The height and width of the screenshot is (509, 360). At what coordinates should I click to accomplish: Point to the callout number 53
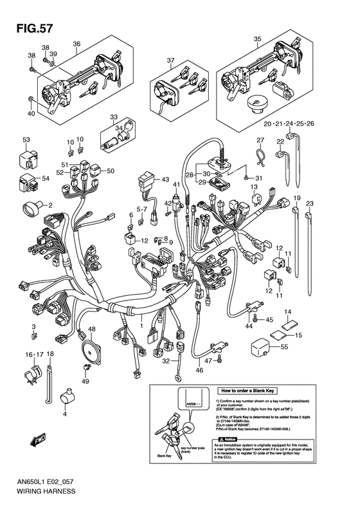coord(26,140)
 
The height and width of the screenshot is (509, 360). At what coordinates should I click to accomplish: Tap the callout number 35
coord(256,39)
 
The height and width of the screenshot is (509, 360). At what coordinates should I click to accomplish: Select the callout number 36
coord(76,44)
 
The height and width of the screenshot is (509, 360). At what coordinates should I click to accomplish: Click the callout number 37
coord(170,61)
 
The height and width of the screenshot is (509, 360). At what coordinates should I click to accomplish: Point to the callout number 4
coord(64,414)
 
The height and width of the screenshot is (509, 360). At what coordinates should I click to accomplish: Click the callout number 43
coord(165,179)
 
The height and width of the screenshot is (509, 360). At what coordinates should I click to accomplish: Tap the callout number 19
coord(298,198)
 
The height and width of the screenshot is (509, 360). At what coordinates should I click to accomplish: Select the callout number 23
coord(309,203)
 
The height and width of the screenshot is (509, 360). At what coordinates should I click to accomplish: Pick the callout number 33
coord(114,118)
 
